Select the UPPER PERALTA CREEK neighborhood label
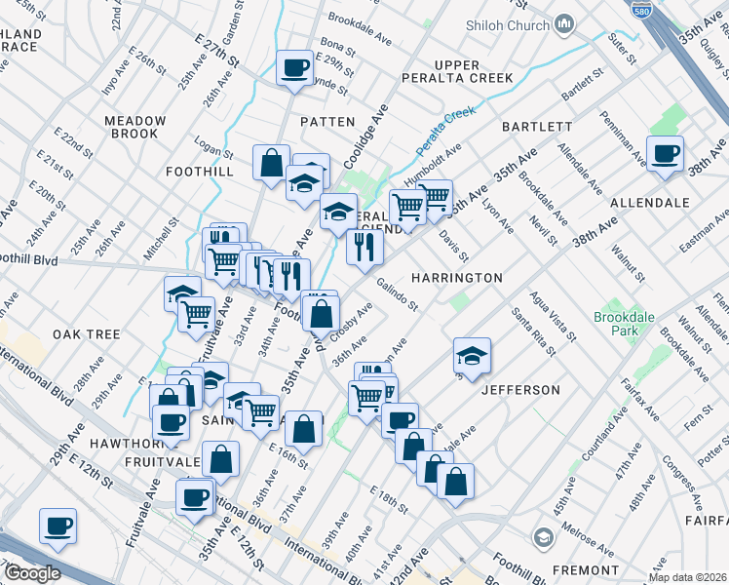457,70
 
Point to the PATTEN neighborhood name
327,122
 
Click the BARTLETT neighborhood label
536,127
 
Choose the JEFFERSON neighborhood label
520,390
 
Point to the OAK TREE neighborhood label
87,333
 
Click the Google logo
31,573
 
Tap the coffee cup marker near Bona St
295,68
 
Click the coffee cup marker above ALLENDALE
666,154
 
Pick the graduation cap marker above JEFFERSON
472,356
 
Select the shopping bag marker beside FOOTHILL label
272,162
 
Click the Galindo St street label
398,293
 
